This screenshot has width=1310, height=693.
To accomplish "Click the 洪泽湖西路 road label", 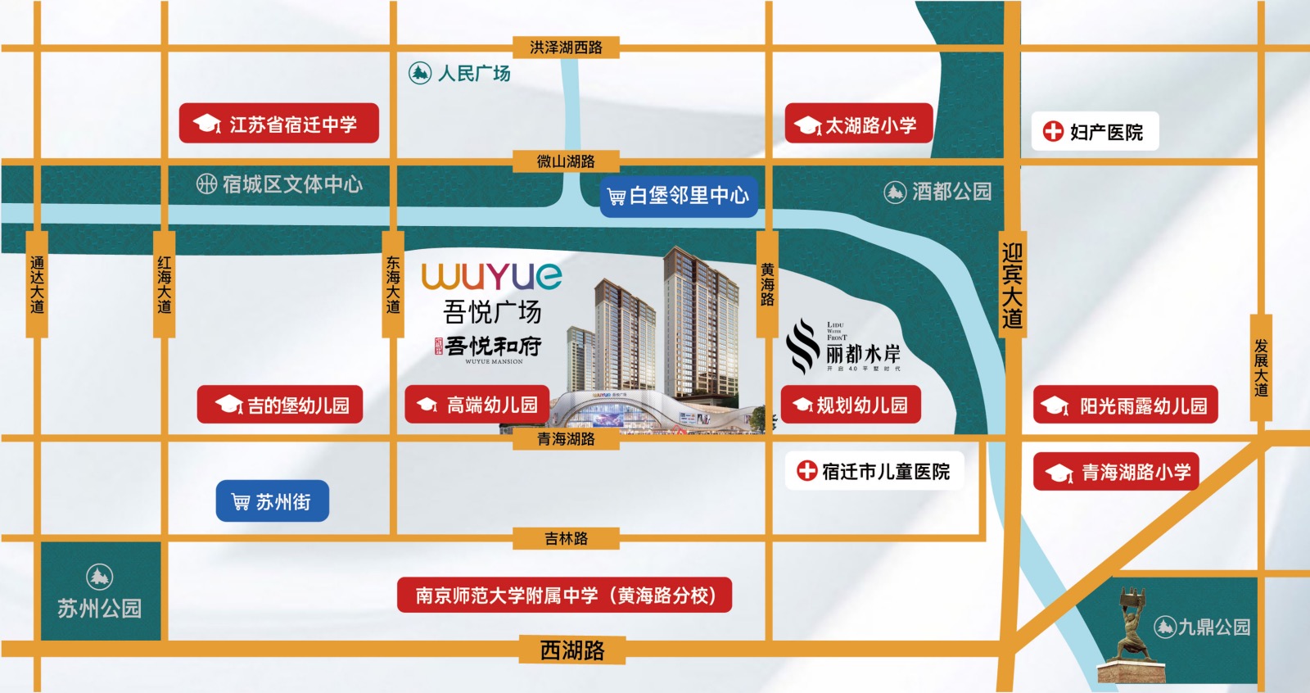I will pyautogui.click(x=566, y=48).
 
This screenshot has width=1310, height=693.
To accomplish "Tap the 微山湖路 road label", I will pyautogui.click(x=566, y=161).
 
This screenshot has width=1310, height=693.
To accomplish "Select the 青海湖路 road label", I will pyautogui.click(x=566, y=439).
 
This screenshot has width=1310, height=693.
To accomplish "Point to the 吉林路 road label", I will pyautogui.click(x=566, y=538).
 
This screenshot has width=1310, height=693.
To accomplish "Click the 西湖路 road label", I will pyautogui.click(x=572, y=650).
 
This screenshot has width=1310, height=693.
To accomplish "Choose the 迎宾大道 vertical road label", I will pyautogui.click(x=1012, y=286).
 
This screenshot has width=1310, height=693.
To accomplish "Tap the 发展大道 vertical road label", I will pyautogui.click(x=1261, y=368).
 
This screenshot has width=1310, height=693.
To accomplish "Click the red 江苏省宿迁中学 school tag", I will pyautogui.click(x=279, y=124).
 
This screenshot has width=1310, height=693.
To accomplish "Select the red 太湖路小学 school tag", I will pyautogui.click(x=859, y=125).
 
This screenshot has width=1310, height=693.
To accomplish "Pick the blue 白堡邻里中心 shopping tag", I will pyautogui.click(x=679, y=196).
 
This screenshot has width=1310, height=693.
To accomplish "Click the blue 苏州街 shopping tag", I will pyautogui.click(x=273, y=501).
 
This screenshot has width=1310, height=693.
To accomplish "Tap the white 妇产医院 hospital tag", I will pyautogui.click(x=1095, y=131).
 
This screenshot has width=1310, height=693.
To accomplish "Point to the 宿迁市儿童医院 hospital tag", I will pyautogui.click(x=874, y=471).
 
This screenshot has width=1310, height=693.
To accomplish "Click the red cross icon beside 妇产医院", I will pyautogui.click(x=1053, y=131).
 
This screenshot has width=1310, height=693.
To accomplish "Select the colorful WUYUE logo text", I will pyautogui.click(x=491, y=276).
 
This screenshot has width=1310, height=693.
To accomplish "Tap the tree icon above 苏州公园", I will pyautogui.click(x=99, y=577).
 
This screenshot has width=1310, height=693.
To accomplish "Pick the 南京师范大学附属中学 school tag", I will pyautogui.click(x=564, y=596).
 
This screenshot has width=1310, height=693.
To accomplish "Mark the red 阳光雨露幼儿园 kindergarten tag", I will pyautogui.click(x=1126, y=405).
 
